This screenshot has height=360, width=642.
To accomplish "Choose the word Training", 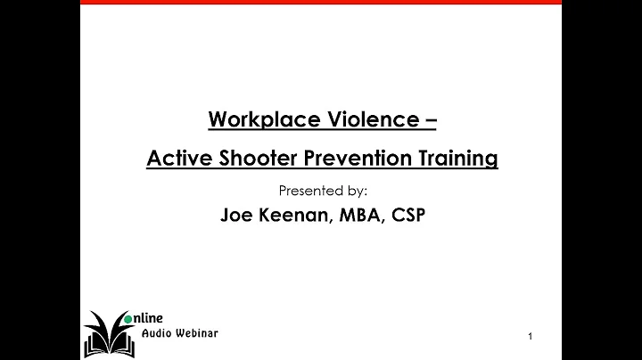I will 455,160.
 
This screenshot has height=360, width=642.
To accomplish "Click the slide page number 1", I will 531,336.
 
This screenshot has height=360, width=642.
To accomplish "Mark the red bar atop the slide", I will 321,2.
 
